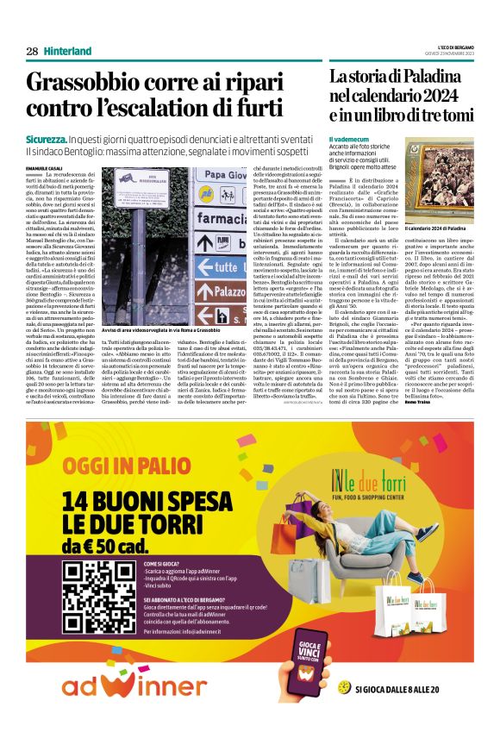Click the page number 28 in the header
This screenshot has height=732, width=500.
pos(32,51)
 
